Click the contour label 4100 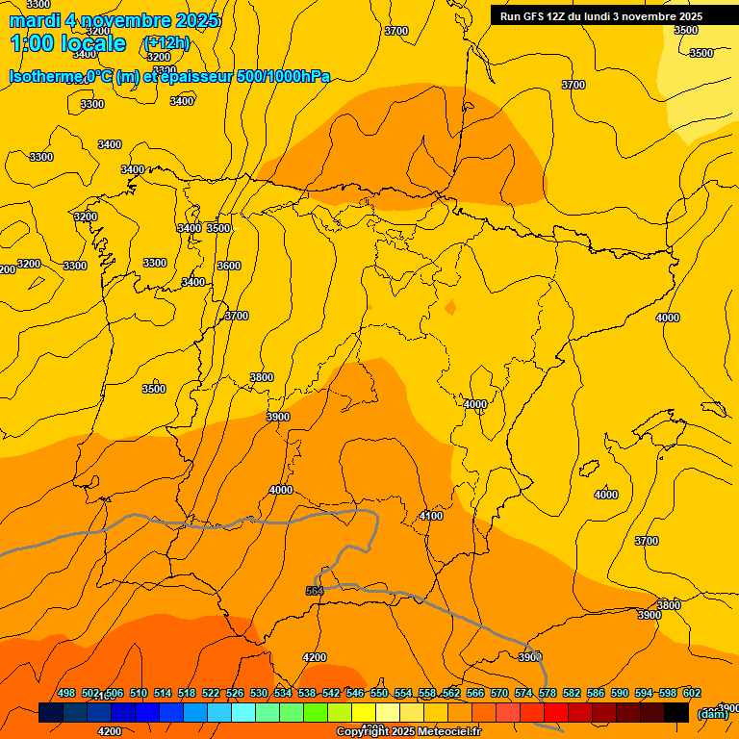tap(431, 517)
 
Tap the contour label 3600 tap(229, 266)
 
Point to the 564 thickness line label tap(315, 591)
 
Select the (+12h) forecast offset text tap(166, 43)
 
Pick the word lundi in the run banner tap(627, 16)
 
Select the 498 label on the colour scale tap(66, 693)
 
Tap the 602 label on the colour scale tap(692, 693)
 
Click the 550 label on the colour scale tap(379, 693)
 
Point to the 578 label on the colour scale tap(548, 693)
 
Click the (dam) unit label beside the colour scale tap(712, 714)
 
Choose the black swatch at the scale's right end tap(676, 712)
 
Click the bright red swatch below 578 tap(556, 712)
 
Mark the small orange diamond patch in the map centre tap(450, 308)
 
